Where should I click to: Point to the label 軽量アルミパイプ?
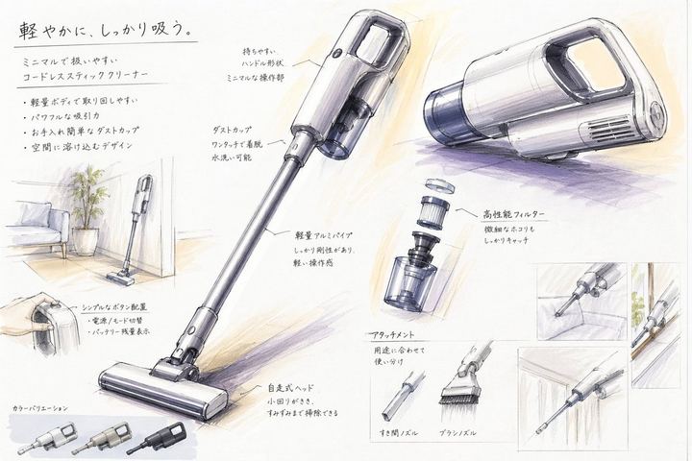(x=328, y=233)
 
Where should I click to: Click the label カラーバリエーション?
(x=39, y=408)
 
